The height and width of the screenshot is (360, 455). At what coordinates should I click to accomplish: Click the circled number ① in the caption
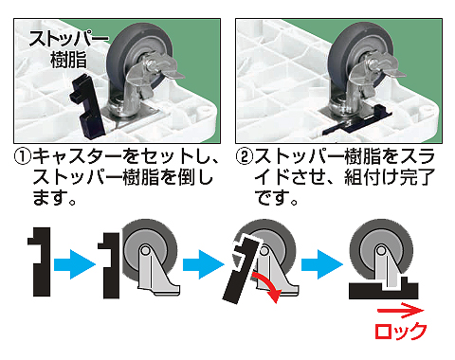pyautogui.click(x=23, y=156)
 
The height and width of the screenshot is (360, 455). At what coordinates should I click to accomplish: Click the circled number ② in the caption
pyautogui.click(x=245, y=156)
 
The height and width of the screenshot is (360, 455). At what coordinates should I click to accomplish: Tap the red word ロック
pyautogui.click(x=401, y=331)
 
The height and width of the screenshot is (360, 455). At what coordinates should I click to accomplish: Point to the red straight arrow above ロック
pyautogui.click(x=401, y=310)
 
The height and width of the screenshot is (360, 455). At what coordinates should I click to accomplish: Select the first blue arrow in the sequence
pyautogui.click(x=75, y=264)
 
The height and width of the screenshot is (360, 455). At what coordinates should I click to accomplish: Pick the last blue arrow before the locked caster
pyautogui.click(x=322, y=264)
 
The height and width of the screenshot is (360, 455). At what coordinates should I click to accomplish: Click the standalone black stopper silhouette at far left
pyautogui.click(x=41, y=261)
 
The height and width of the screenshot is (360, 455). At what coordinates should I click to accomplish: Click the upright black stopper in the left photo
pyautogui.click(x=88, y=107)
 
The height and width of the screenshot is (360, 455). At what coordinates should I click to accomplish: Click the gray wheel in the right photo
pyautogui.click(x=361, y=54)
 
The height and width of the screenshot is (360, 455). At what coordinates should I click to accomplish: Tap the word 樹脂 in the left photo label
pyautogui.click(x=68, y=60)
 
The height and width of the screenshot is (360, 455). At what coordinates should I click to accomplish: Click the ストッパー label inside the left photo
pyautogui.click(x=68, y=39)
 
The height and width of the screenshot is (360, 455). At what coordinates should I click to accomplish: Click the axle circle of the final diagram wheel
pyautogui.click(x=382, y=251)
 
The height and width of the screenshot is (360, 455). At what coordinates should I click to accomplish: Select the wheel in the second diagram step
pyautogui.click(x=149, y=249)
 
